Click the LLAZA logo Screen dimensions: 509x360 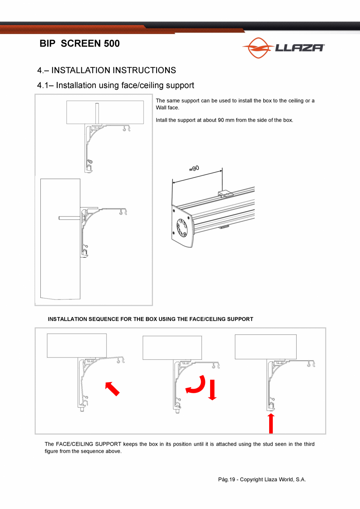(x=283, y=48)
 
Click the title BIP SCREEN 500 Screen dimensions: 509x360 (x=80, y=43)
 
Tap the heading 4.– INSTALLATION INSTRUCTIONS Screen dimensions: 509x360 (x=106, y=70)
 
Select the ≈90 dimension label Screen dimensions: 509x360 (x=194, y=169)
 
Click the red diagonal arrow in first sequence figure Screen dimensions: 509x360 (x=112, y=389)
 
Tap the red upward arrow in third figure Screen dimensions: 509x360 (x=271, y=423)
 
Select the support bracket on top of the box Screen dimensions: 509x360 (x=225, y=193)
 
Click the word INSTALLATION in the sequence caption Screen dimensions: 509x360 (x=67, y=319)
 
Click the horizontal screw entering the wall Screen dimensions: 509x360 (x=70, y=218)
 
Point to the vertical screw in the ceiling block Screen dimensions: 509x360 (x=97, y=113)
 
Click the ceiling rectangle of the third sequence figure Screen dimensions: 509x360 (x=265, y=347)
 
